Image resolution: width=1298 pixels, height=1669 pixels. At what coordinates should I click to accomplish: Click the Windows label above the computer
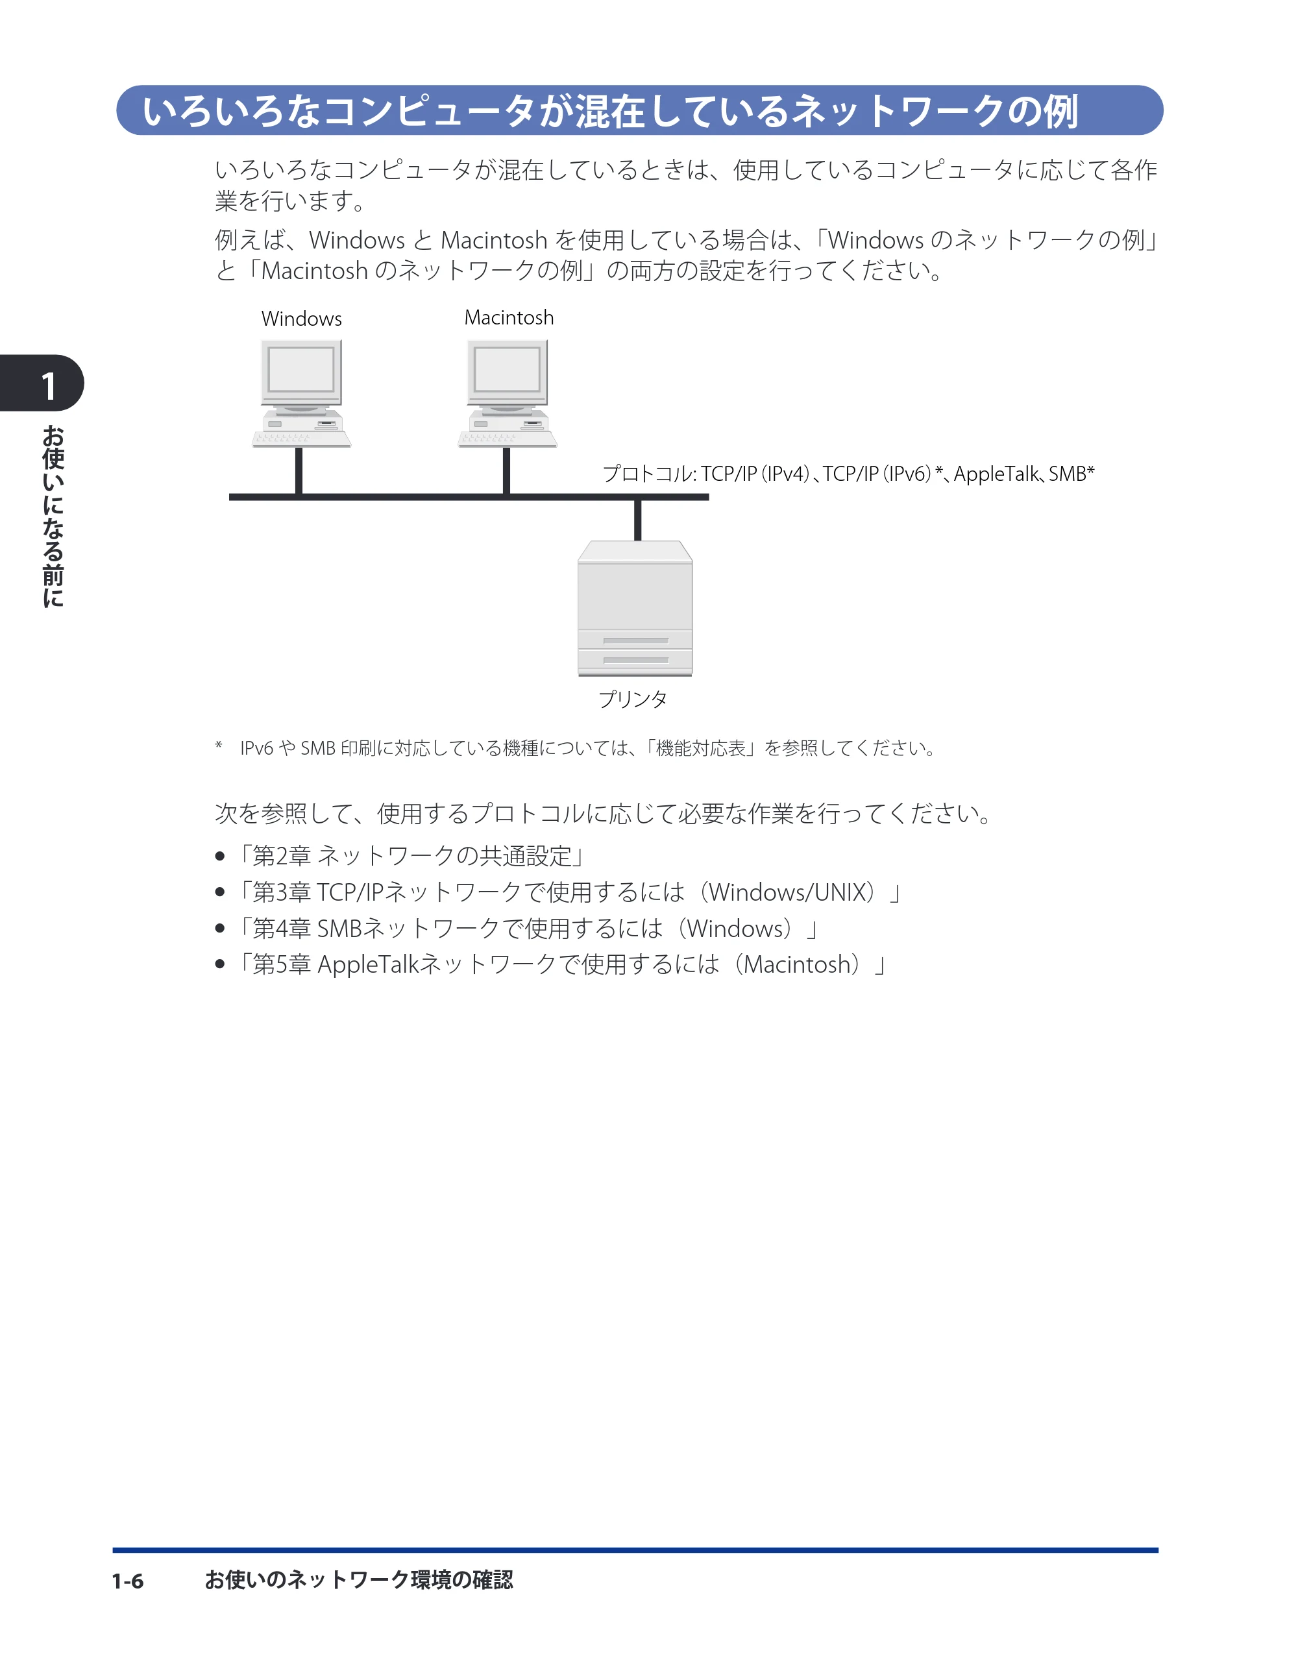pos(301,319)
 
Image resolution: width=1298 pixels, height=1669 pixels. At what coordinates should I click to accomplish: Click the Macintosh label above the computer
pos(509,317)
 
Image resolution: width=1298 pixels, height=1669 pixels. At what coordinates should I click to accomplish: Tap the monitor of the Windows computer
pos(301,372)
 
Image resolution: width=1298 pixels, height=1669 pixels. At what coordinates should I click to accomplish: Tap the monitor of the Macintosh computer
pos(508,372)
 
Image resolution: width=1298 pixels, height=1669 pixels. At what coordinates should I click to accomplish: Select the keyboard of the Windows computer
pos(301,439)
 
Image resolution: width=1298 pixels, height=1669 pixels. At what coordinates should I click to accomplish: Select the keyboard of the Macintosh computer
pos(508,439)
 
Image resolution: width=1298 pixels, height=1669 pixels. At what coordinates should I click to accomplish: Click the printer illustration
pos(635,608)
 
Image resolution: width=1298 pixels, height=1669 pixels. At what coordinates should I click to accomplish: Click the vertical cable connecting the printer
pos(637,520)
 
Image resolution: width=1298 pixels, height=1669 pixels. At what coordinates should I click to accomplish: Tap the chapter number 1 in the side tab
pos(49,386)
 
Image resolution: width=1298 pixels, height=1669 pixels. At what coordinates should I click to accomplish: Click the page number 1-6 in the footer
pos(128,1581)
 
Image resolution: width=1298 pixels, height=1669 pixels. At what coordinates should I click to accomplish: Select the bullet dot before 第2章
pos(220,856)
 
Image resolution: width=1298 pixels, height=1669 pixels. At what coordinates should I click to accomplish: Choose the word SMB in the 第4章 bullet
pos(339,929)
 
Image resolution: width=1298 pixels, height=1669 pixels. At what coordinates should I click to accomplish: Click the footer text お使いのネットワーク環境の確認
pos(358,1580)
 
